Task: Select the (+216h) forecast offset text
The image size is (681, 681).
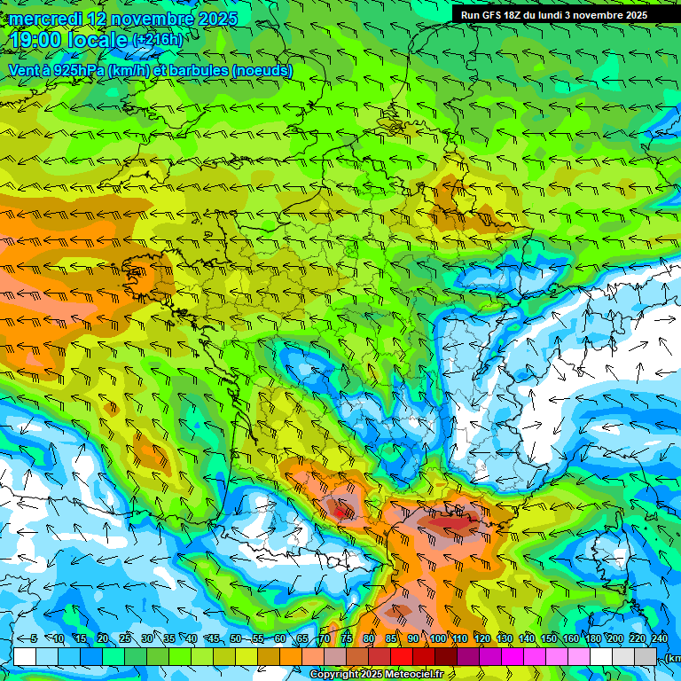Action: click(x=157, y=40)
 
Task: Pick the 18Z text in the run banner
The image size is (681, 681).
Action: click(x=520, y=15)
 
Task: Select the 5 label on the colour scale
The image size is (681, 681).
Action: click(x=34, y=639)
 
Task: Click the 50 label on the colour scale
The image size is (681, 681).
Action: click(x=235, y=639)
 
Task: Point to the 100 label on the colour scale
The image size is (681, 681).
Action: click(x=437, y=639)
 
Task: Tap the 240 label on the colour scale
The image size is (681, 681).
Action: click(x=659, y=639)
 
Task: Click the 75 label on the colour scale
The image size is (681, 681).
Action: click(x=346, y=639)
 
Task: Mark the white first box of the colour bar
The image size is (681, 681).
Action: click(x=25, y=656)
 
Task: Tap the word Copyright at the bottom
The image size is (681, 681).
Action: click(x=334, y=675)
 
